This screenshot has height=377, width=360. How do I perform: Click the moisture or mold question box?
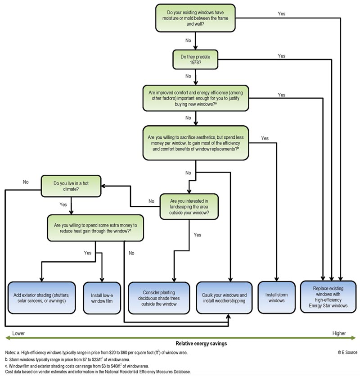(x=196, y=18)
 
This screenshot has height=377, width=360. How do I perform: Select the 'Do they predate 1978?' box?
(x=196, y=59)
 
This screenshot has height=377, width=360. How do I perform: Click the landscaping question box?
(x=189, y=206)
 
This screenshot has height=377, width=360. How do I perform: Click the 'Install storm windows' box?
(x=276, y=297)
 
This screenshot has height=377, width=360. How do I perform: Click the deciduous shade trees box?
(x=159, y=297)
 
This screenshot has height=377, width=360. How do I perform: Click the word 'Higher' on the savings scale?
(x=339, y=334)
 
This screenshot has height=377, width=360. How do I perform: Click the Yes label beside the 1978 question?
(x=281, y=55)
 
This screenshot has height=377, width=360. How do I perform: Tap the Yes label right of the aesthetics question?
(x=265, y=138)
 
